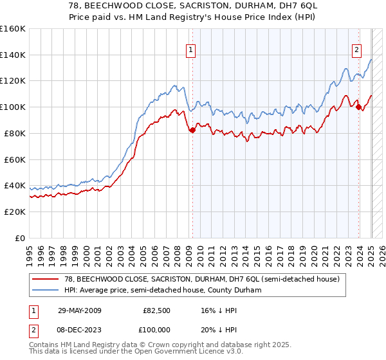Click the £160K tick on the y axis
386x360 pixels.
pos(13,29)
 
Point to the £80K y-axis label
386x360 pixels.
pos(15,133)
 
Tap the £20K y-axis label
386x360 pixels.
pos(15,212)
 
